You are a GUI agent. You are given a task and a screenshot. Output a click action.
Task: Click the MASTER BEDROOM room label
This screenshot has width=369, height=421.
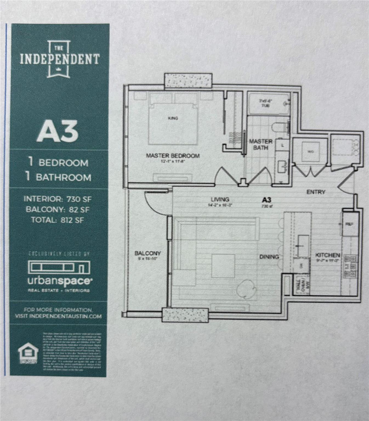click(x=173, y=156)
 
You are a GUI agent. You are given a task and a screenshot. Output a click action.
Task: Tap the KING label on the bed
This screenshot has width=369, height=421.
click(x=173, y=118)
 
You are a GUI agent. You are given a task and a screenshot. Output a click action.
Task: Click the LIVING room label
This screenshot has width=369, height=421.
click(x=220, y=200)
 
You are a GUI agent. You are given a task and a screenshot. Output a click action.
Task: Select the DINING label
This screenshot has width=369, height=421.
click(x=269, y=257)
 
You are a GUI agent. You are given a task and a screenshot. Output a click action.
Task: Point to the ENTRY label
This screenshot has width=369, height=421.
click(x=316, y=192)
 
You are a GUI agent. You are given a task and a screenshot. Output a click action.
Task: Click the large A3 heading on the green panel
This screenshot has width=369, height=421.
click(x=58, y=132)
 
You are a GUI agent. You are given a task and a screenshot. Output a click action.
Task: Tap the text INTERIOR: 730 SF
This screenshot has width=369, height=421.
click(x=58, y=199)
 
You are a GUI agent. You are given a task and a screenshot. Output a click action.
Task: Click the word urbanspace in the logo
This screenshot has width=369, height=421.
click(x=59, y=281)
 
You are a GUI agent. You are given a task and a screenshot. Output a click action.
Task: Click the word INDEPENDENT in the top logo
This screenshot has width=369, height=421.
click(x=60, y=59)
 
